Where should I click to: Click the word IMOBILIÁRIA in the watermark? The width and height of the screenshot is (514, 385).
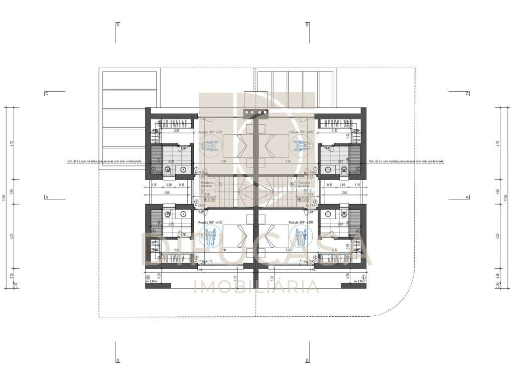point(256,287)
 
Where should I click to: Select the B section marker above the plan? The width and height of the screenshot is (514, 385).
point(307,24)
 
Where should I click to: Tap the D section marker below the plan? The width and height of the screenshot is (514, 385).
point(117,360)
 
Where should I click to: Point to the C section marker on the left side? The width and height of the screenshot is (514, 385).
point(46,93)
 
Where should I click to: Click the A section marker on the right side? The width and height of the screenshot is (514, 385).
point(467,197)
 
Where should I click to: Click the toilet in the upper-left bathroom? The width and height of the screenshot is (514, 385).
point(168,169)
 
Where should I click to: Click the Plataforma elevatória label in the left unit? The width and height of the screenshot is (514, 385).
point(207,184)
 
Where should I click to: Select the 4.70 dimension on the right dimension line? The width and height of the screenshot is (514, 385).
point(497,143)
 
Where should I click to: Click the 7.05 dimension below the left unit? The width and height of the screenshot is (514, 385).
point(199,270)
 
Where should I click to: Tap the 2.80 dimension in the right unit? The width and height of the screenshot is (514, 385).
point(344,192)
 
